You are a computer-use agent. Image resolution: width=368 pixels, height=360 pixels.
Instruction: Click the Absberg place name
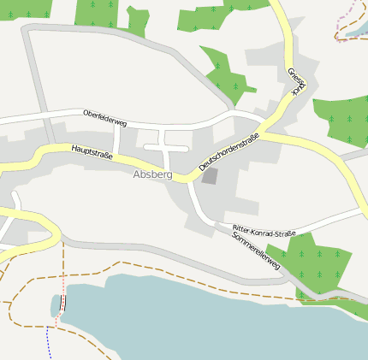pos(152,174)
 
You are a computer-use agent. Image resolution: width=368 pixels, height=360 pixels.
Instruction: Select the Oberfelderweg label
pos(104,119)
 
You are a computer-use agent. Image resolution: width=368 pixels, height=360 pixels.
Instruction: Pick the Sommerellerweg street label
pos(256,251)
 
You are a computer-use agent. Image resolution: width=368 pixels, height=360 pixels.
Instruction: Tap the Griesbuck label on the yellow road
pos(296,81)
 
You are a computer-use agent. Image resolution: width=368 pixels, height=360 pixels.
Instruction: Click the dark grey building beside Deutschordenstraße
pos(210,176)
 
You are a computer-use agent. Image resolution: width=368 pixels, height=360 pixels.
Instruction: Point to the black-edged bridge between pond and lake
pos(63,304)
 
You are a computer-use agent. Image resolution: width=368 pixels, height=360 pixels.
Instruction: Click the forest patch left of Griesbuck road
pos(226,72)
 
